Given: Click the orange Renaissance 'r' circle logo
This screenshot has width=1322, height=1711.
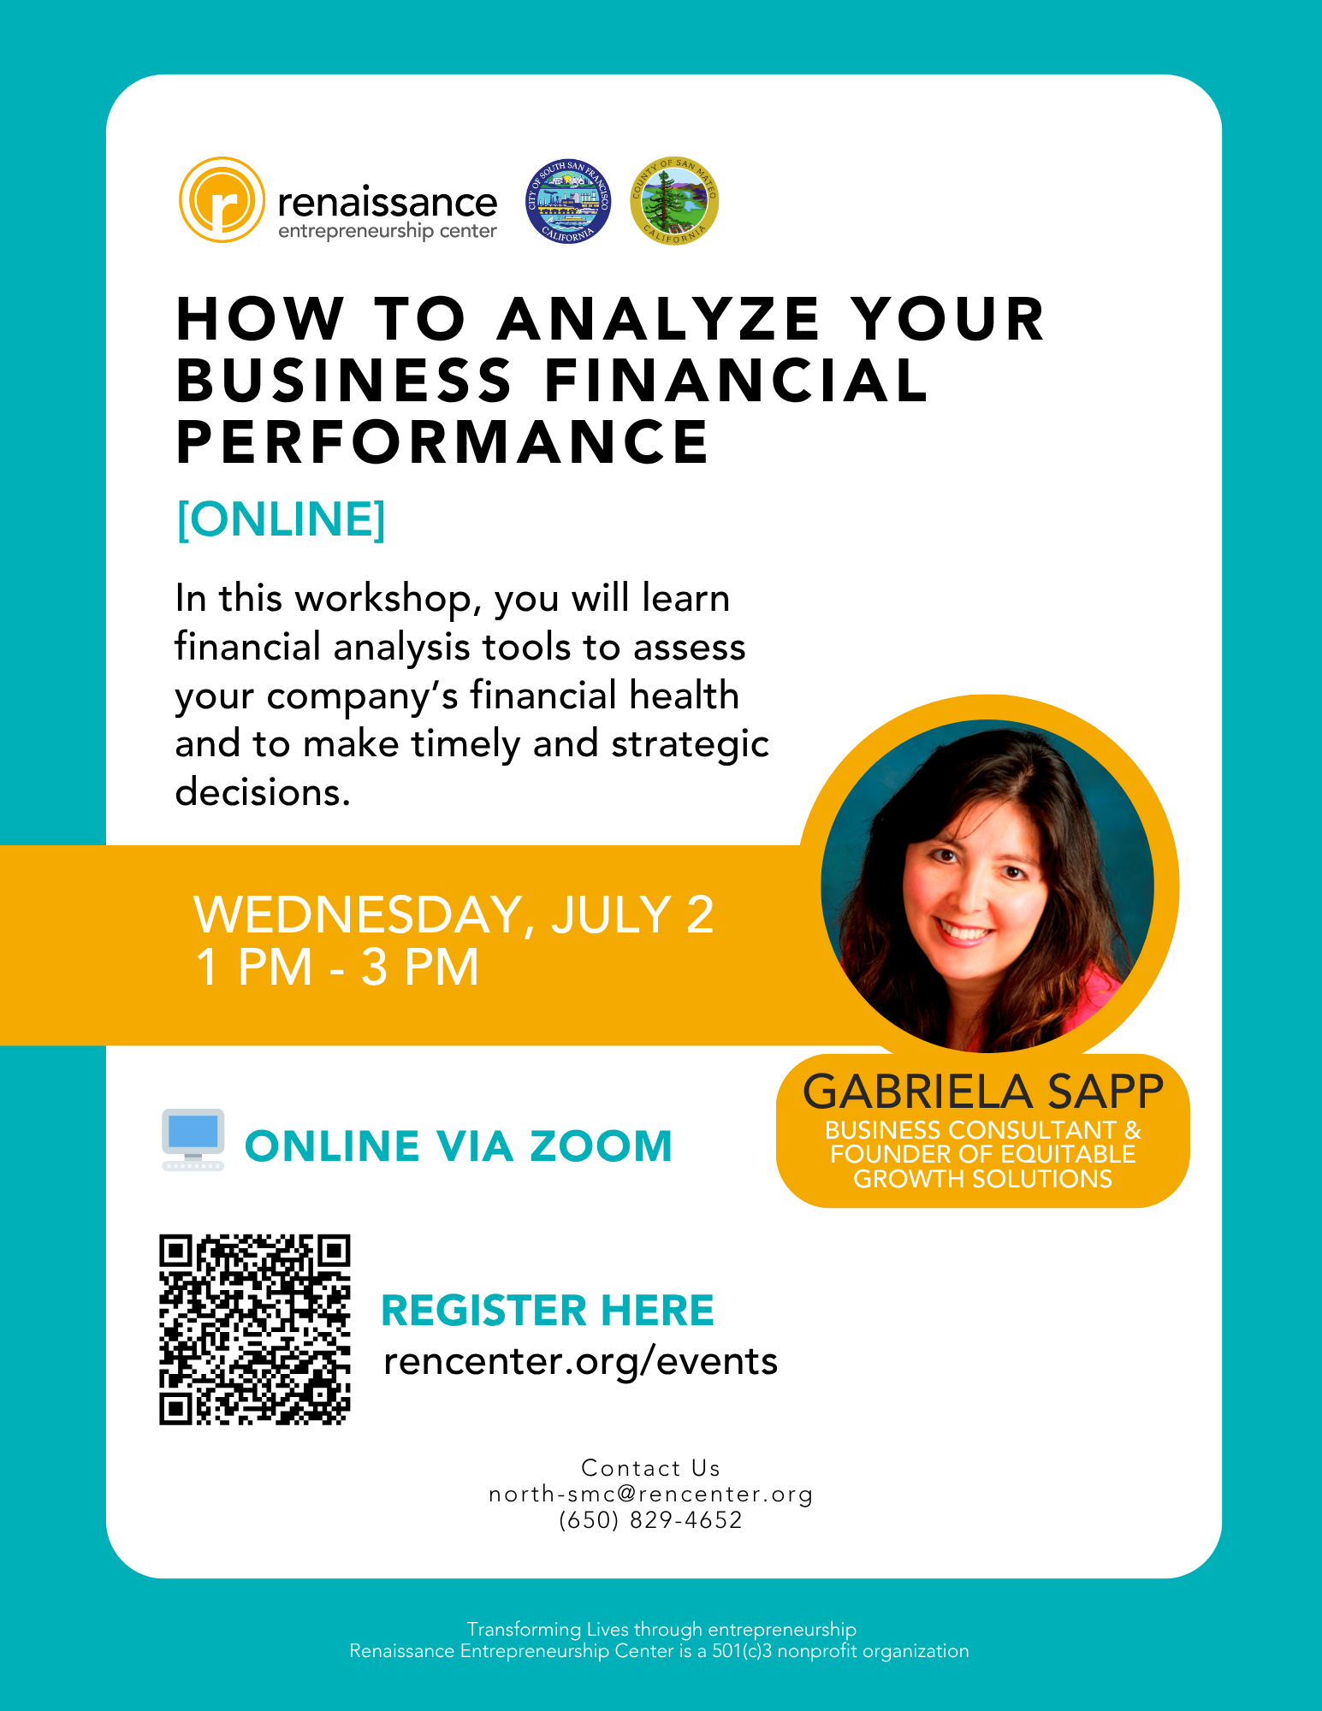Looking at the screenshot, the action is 222,200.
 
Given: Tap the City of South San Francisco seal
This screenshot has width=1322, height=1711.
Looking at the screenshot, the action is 568,201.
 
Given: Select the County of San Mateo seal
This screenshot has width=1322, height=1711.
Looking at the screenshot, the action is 674,201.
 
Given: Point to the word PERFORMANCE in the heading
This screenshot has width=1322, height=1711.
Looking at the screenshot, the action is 442,442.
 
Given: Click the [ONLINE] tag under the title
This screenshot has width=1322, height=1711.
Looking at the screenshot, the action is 282,518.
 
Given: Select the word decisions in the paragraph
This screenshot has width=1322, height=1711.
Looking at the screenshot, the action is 263,792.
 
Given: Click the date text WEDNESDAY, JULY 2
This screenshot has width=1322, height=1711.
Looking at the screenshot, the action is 454,915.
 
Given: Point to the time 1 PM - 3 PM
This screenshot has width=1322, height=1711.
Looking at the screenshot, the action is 337,968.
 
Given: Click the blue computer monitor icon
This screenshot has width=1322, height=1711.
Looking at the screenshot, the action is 193,1140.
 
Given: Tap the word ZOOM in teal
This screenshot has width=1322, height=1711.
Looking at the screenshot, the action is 601,1146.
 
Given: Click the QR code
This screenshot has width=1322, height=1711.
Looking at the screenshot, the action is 255,1329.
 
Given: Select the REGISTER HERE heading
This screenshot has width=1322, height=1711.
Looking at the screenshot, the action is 548,1311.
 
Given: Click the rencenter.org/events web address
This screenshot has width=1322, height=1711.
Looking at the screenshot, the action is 581,1361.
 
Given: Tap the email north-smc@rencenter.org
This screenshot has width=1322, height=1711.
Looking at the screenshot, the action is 651,1494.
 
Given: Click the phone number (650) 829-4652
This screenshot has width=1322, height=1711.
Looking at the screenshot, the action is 650,1520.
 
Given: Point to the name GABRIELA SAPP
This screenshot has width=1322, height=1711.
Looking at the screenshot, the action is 983,1092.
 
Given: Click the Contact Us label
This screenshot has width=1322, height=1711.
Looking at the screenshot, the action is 651,1468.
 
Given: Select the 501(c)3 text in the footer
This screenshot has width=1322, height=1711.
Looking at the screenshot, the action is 743,1651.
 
